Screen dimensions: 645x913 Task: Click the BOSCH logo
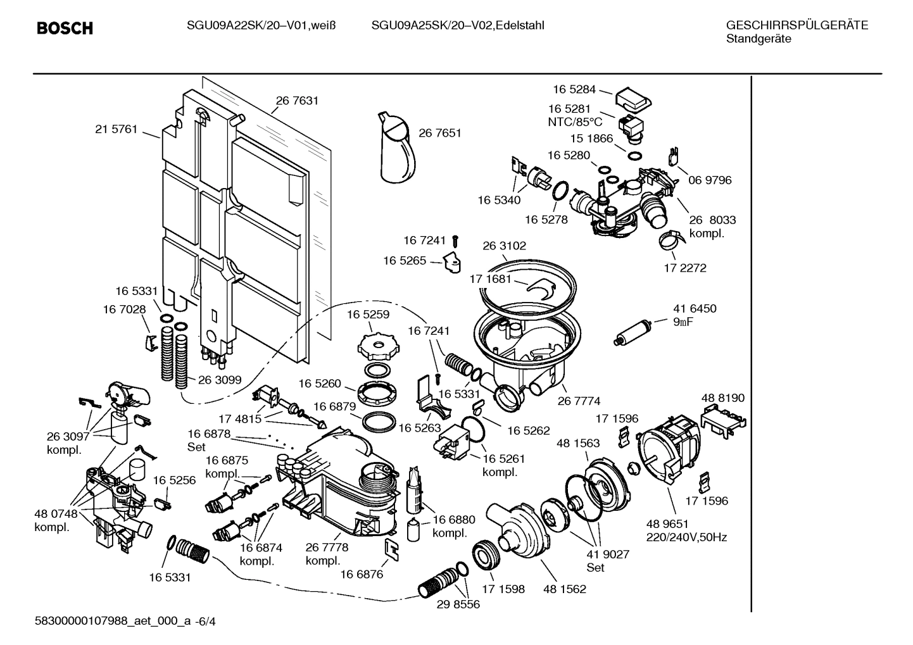(x=65, y=28)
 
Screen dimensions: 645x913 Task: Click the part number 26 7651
(x=440, y=133)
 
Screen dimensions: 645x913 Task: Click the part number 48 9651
(x=667, y=524)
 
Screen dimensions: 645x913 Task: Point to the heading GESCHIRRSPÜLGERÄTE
(x=797, y=25)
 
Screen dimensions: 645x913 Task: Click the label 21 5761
(x=116, y=129)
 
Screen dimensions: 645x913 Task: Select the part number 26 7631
(x=297, y=100)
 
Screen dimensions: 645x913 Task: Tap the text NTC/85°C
(x=575, y=122)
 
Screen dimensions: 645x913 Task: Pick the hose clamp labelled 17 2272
(x=671, y=240)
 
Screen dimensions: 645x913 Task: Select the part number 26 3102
(x=504, y=246)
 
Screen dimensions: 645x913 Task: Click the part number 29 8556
(x=458, y=604)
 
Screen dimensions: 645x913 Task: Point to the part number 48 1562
(x=564, y=589)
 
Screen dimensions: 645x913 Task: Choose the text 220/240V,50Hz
(x=686, y=537)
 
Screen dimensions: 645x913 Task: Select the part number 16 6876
(x=362, y=574)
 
